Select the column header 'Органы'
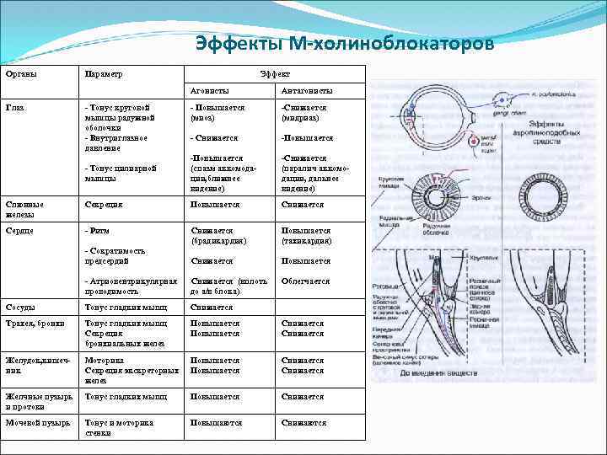pyautogui.click(x=20, y=74)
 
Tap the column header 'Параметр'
pyautogui.click(x=104, y=74)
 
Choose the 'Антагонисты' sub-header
pyautogui.click(x=307, y=90)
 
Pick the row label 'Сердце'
pyautogui.click(x=19, y=230)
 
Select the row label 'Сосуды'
pyautogui.click(x=20, y=308)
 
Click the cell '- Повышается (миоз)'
pyautogui.click(x=217, y=113)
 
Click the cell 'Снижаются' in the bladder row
pyautogui.click(x=303, y=423)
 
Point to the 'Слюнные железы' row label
pyautogui.click(x=24, y=209)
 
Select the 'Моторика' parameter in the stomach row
pyautogui.click(x=105, y=360)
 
